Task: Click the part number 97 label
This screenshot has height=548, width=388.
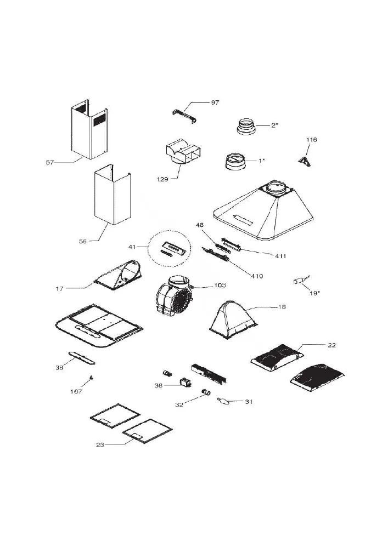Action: (x=215, y=102)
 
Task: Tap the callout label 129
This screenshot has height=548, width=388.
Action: (x=162, y=179)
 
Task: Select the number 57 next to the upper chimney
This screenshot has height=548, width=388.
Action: (x=50, y=162)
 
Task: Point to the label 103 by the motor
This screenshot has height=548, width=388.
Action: (x=220, y=285)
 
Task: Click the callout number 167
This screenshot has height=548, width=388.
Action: (x=76, y=391)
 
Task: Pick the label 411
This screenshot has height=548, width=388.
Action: (x=280, y=256)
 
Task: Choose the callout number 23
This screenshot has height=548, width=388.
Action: (x=100, y=445)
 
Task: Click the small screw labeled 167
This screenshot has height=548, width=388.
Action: (x=91, y=377)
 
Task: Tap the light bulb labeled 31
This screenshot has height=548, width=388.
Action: (x=223, y=401)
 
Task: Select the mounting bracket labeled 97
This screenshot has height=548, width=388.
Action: (x=184, y=116)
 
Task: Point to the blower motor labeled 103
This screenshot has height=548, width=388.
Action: (x=174, y=295)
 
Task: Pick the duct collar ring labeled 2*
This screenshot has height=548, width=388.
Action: (x=246, y=126)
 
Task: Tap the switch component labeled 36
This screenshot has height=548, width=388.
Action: (x=185, y=383)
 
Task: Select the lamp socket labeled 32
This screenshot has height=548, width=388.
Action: (x=206, y=392)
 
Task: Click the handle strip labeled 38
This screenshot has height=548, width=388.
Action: (x=82, y=358)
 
